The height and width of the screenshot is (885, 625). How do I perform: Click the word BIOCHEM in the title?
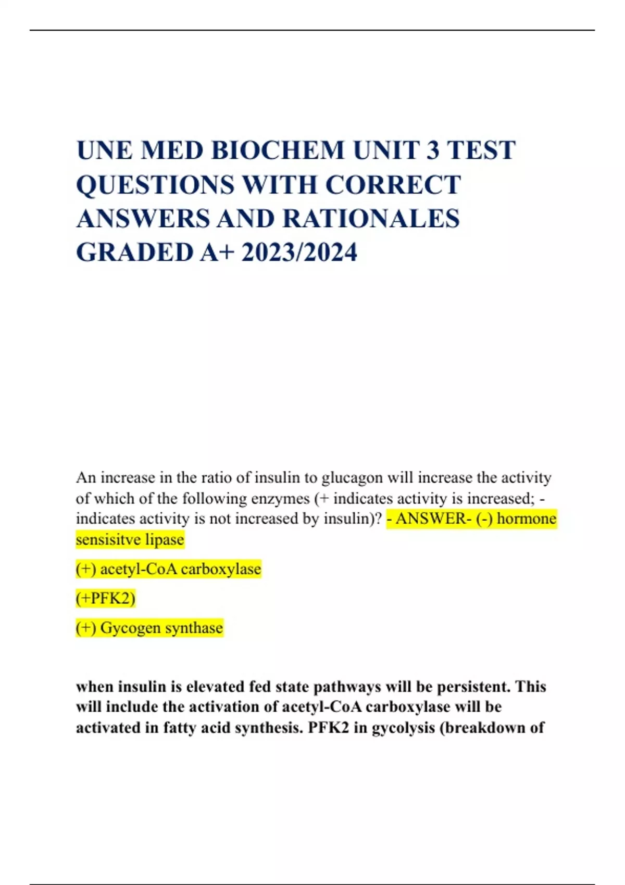pyautogui.click(x=278, y=151)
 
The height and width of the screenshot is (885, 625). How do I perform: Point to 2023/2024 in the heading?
pyautogui.click(x=299, y=252)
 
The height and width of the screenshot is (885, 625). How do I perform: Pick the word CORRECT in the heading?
pyautogui.click(x=393, y=185)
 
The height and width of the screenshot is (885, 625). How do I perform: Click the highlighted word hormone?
pyautogui.click(x=527, y=519)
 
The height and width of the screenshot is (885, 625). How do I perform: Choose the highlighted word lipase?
pyautogui.click(x=165, y=539)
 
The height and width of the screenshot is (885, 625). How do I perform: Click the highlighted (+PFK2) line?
pyautogui.click(x=106, y=598)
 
